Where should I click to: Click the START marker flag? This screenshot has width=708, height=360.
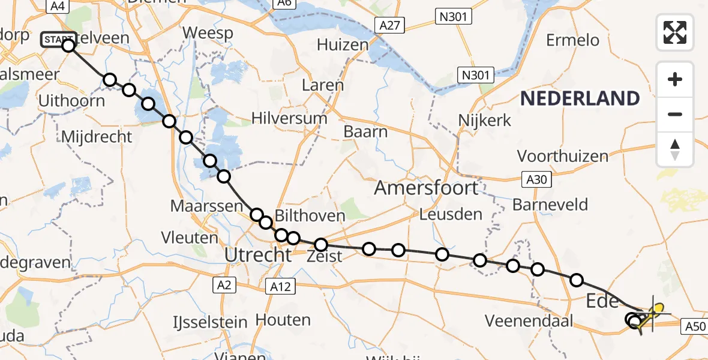pyautogui.click(x=58, y=40)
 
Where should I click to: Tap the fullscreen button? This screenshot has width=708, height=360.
pyautogui.click(x=675, y=32)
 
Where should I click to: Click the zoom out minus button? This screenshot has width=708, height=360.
pyautogui.click(x=675, y=114)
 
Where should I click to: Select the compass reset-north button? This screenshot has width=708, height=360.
pyautogui.click(x=675, y=149)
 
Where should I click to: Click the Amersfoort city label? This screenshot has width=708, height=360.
pyautogui.click(x=427, y=188)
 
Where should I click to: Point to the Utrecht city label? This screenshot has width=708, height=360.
pyautogui.click(x=257, y=255)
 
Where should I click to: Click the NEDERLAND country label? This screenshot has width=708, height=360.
pyautogui.click(x=580, y=98)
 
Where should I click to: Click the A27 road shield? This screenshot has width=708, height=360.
pyautogui.click(x=391, y=26)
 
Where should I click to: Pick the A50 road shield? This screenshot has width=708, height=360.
pyautogui.click(x=695, y=326)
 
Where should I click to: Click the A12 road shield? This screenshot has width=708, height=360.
pyautogui.click(x=280, y=287)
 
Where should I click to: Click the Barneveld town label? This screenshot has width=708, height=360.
pyautogui.click(x=550, y=205)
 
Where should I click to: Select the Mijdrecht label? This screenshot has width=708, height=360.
pyautogui.click(x=97, y=137)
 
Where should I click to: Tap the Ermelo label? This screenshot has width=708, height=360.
pyautogui.click(x=572, y=40)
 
